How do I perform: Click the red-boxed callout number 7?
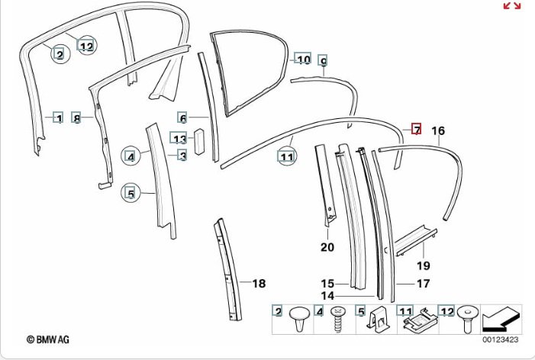click(x=417, y=129)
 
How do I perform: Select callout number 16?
click(x=437, y=130)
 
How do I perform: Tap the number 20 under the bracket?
click(x=327, y=247)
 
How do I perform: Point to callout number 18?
click(x=259, y=284)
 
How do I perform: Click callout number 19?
click(x=424, y=265)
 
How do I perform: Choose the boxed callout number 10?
click(x=303, y=59)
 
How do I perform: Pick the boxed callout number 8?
click(x=76, y=117)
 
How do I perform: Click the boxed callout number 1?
click(x=58, y=117)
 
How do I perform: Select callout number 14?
click(x=327, y=295)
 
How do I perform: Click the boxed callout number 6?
click(x=183, y=117)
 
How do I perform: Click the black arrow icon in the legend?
click(x=501, y=320)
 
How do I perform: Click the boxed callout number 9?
click(x=323, y=60)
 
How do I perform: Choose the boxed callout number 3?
click(x=183, y=156)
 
